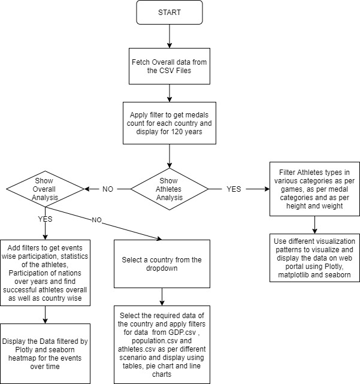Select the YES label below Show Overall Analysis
[46, 219]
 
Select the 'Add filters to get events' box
[46, 265]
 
